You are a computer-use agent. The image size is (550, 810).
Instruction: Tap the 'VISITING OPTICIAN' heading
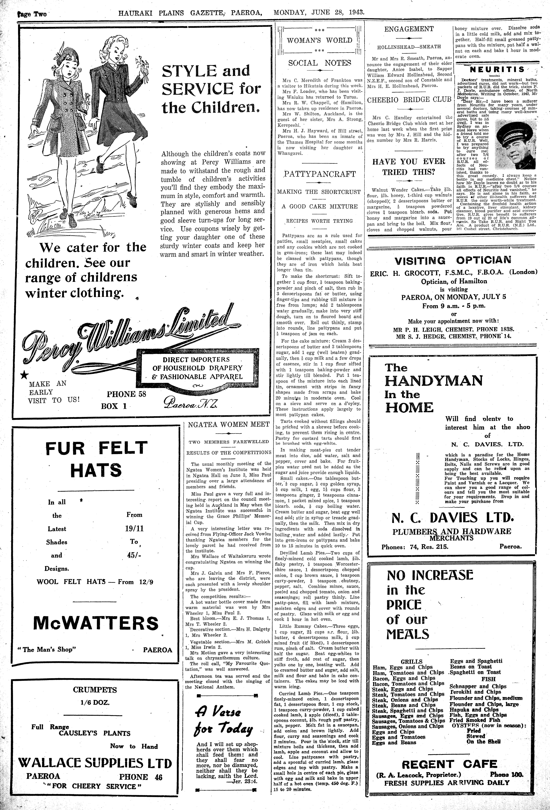[x=453, y=260]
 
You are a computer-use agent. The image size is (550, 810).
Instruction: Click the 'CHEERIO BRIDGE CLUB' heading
[x=409, y=99]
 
